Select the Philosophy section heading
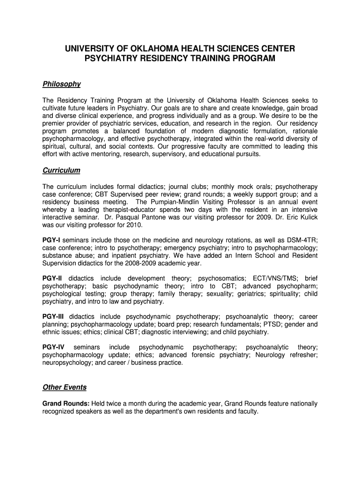pos(62,84)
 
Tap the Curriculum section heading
pos(61,170)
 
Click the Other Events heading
pos(65,387)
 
